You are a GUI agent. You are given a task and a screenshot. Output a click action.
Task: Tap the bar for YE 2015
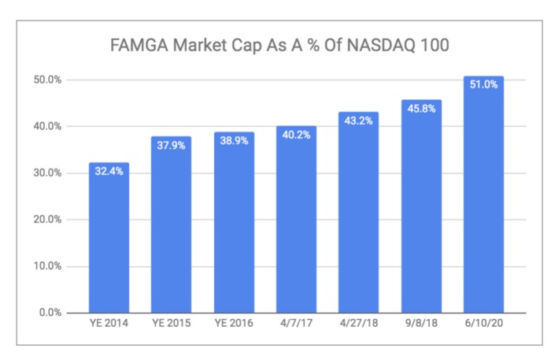(171, 228)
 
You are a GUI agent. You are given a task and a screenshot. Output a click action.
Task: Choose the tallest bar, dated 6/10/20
(483, 197)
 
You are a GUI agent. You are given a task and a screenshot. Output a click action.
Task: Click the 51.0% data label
(483, 85)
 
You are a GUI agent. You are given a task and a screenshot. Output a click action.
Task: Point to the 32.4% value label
(109, 172)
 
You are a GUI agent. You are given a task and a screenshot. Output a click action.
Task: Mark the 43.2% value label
(358, 121)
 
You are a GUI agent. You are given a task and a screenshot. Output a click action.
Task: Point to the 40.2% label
(296, 135)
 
